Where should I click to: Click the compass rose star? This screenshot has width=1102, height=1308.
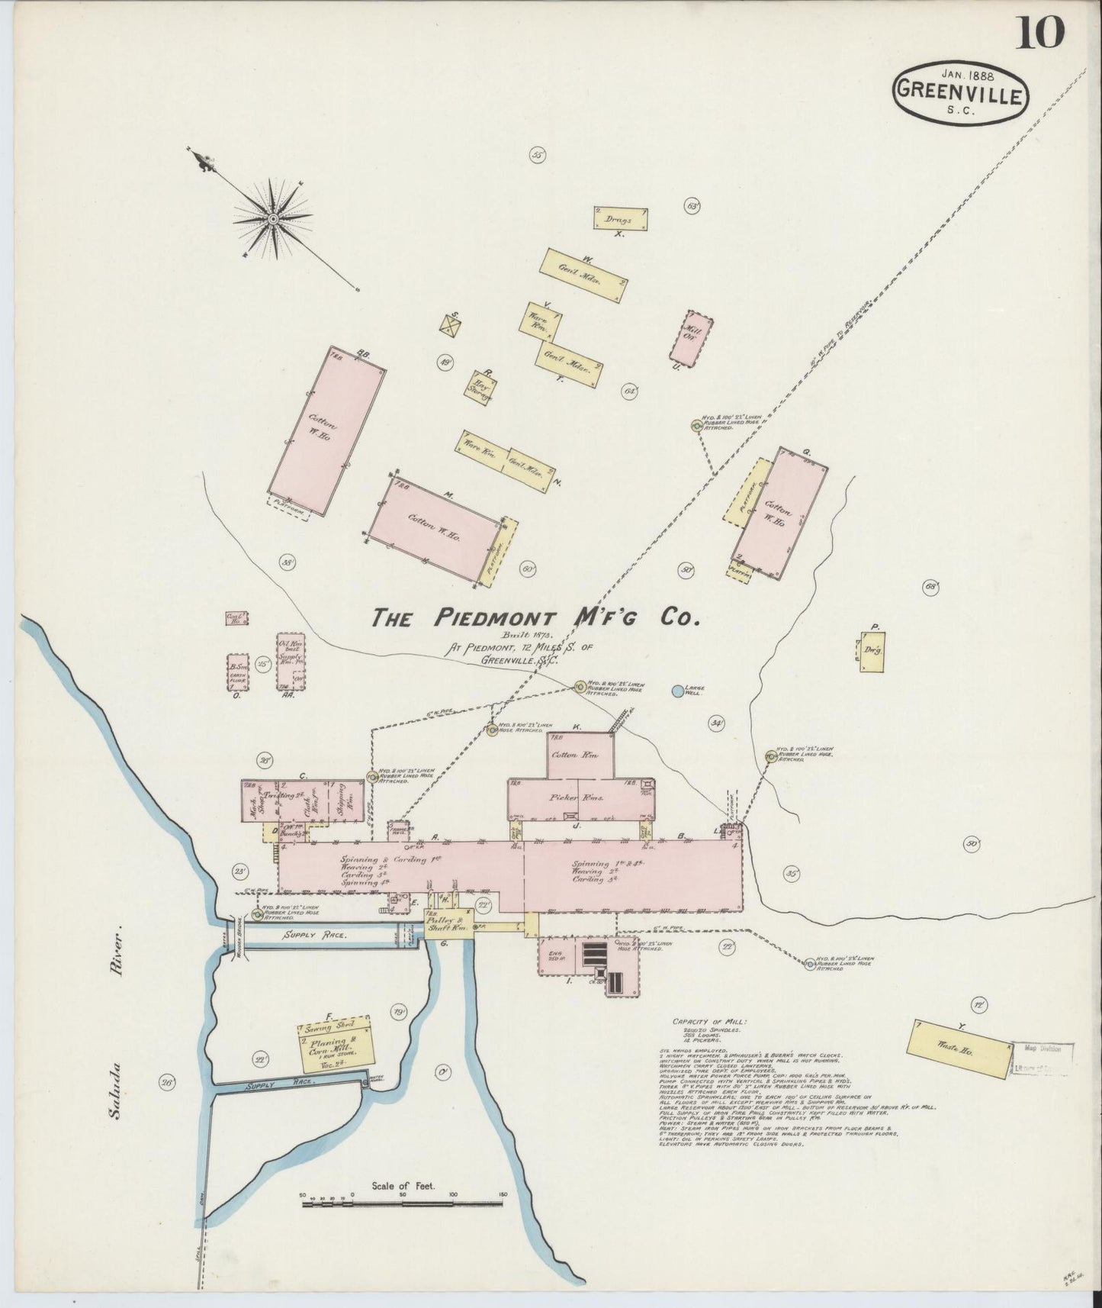(x=273, y=218)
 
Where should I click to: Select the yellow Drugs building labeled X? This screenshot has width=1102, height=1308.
(x=622, y=218)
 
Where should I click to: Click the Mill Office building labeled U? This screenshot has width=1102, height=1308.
(x=692, y=335)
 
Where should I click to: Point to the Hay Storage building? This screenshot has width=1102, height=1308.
(x=481, y=388)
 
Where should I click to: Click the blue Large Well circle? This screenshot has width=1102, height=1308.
(x=676, y=691)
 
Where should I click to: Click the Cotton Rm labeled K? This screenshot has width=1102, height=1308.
(x=580, y=755)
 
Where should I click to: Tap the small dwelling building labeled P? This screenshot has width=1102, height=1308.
(x=873, y=652)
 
